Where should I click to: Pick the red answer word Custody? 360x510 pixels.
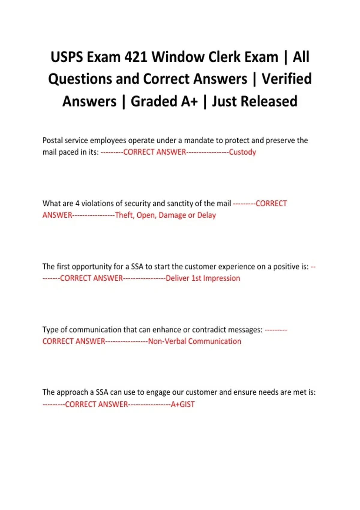(242, 152)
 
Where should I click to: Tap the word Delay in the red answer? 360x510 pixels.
(206, 215)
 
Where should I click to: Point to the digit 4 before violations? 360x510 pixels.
(77, 203)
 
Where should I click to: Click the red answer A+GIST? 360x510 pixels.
(183, 404)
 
